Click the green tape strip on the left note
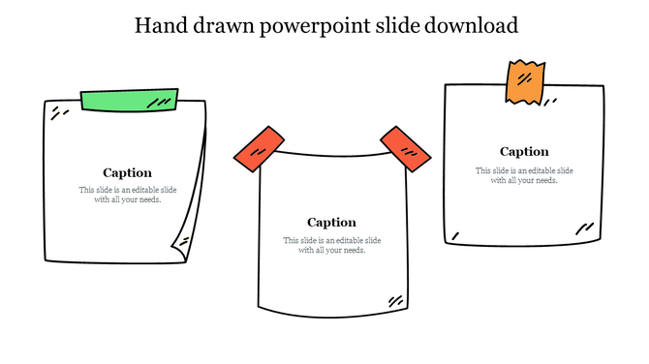(x=130, y=99)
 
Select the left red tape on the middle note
(x=259, y=148)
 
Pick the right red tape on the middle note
(x=405, y=148)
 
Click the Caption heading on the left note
(x=127, y=173)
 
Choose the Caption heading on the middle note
(x=331, y=223)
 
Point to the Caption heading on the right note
(x=524, y=152)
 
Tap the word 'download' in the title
(x=469, y=25)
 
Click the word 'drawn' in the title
(x=226, y=25)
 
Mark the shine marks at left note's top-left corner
(x=59, y=114)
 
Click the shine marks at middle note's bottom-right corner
(x=395, y=301)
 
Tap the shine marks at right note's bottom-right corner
(x=584, y=229)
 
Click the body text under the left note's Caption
(x=127, y=195)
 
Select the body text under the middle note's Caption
(x=331, y=245)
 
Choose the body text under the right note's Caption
(x=524, y=175)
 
